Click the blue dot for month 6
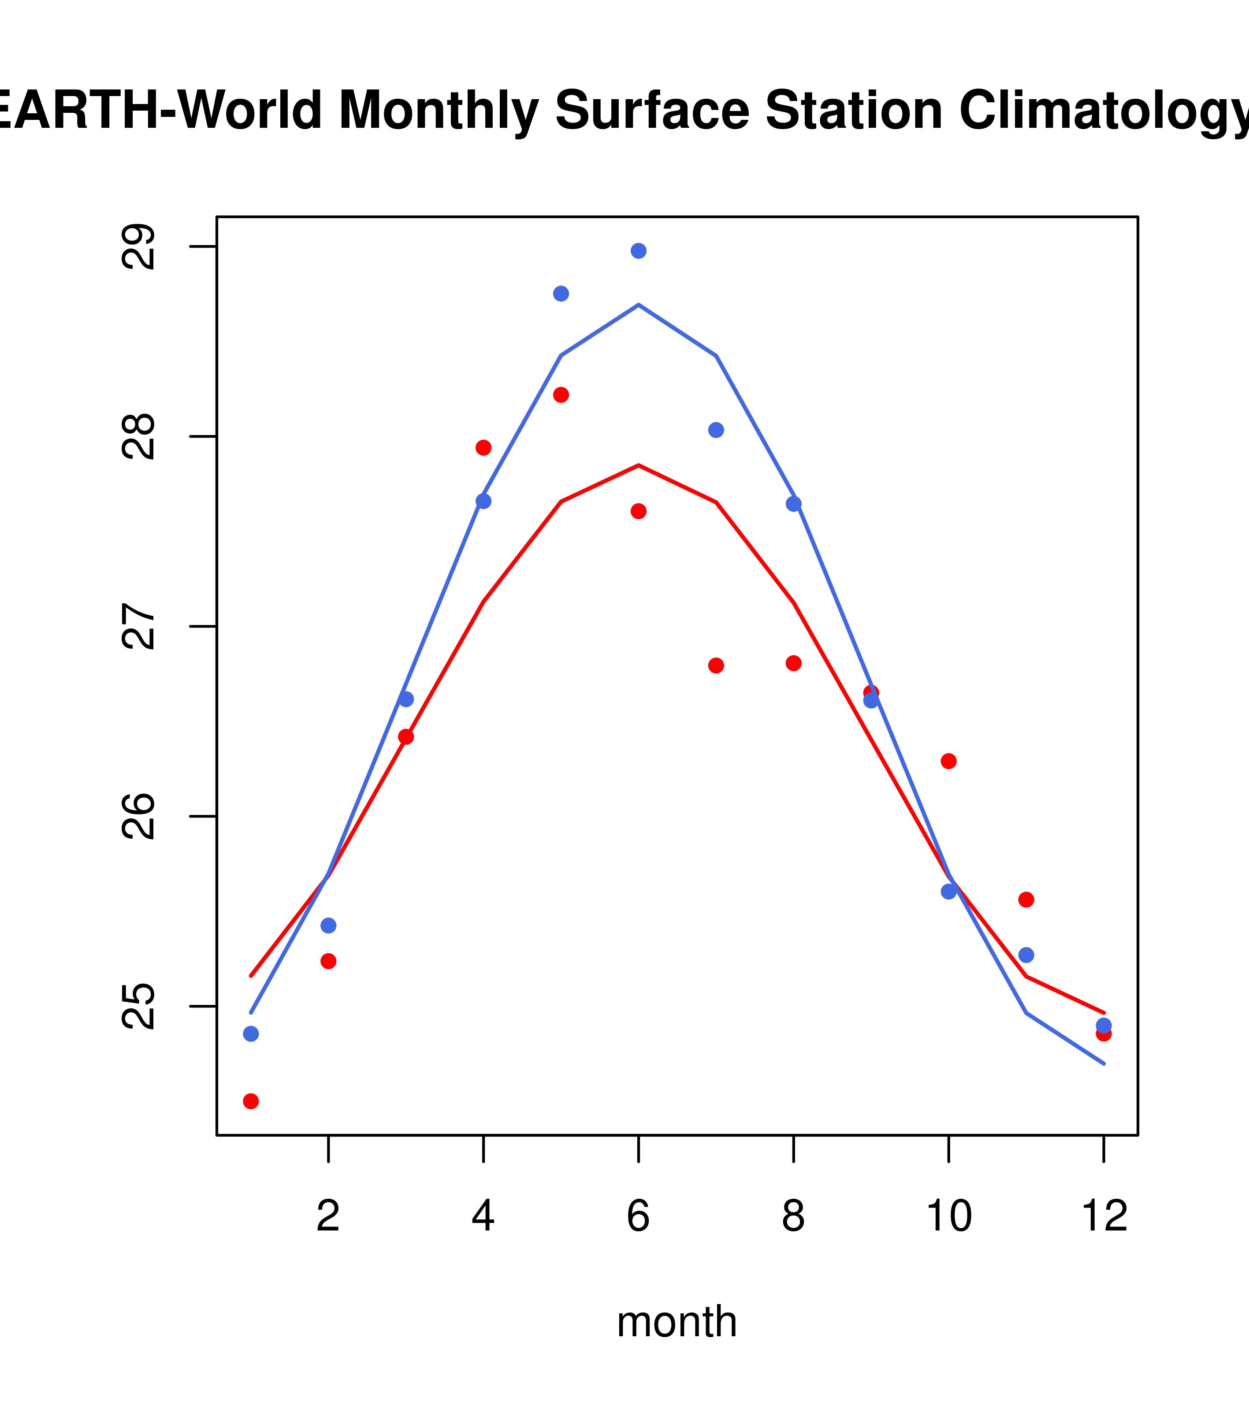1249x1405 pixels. coord(639,251)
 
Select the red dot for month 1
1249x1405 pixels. coord(251,1102)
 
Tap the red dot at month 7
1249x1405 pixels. coord(716,665)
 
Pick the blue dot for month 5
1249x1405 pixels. coord(561,294)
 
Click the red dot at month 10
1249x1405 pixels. coord(948,761)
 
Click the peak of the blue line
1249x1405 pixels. coord(639,305)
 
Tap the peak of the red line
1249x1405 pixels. coord(639,465)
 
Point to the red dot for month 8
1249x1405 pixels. coord(794,663)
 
